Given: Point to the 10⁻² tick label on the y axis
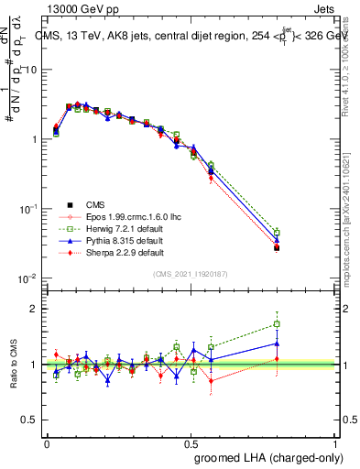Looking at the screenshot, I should (27, 278).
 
